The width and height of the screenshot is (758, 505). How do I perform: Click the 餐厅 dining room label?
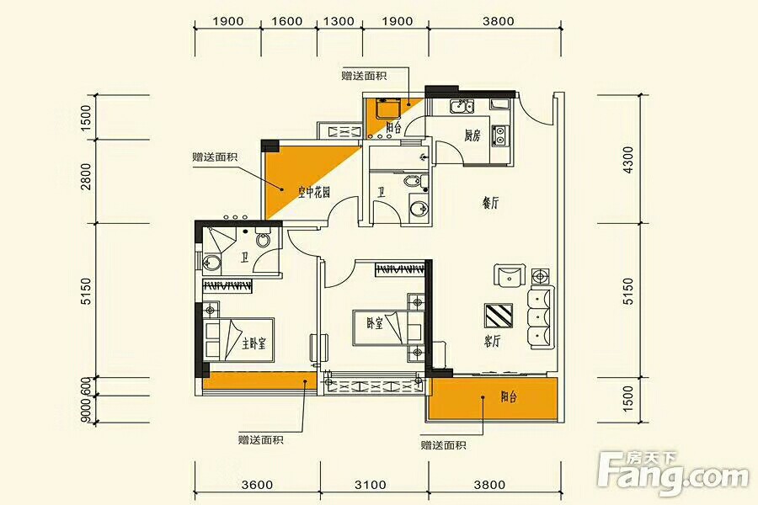pos(490,203)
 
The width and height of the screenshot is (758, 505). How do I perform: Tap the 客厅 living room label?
pos(492,342)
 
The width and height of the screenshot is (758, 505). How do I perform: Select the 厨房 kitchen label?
pos(472,136)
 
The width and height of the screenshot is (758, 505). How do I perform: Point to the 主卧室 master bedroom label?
pos(254,343)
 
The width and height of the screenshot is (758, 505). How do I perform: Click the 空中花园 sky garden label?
pos(314,193)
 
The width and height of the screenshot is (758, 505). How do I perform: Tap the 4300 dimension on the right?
pos(628,160)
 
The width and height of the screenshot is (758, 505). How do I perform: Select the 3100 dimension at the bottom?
pos(371,484)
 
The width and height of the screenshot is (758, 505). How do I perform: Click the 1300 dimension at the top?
pos(339,21)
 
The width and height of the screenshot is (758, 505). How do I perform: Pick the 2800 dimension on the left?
pos(86,176)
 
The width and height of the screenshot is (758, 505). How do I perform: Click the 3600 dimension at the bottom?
pos(257,484)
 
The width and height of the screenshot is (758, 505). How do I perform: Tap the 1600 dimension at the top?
pos(287,21)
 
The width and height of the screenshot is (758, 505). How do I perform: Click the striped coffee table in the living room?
pos(498,316)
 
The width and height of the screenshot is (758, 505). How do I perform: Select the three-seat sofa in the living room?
pos(542,317)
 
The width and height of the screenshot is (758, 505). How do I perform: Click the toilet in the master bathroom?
pos(263,240)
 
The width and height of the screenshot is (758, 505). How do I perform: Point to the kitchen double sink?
pos(462,106)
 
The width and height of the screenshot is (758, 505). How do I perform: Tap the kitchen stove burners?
pos(499,136)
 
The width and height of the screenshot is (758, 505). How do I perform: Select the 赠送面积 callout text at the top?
pos(364,76)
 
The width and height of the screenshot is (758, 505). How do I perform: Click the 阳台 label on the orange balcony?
pos(509,396)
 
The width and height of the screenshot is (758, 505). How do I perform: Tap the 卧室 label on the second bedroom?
pos(375,323)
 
